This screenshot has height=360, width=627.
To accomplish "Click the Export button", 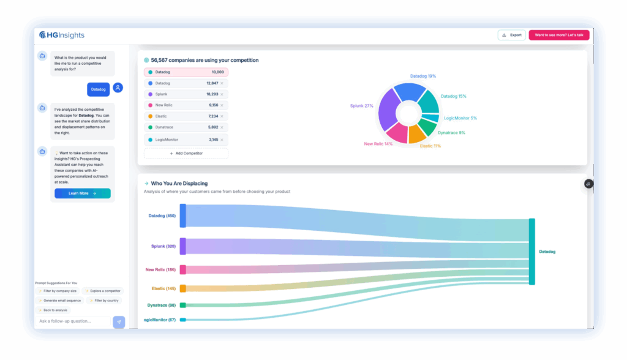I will coord(511,35).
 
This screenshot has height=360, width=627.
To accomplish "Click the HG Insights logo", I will coord(61,35).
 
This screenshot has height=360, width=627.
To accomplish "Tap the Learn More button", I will coord(82,193).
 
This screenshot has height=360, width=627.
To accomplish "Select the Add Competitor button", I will coord(186,153).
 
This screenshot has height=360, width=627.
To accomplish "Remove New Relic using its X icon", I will coord(222,105).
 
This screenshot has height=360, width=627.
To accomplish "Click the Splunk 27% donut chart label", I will coord(361,106).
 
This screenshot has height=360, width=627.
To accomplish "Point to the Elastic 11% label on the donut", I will coord(430,146).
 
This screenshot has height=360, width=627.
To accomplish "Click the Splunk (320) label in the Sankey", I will coord(163,246).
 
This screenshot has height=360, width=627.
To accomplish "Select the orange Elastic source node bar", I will coord(183,288).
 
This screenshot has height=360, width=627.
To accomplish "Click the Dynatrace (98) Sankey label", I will coord(161,305).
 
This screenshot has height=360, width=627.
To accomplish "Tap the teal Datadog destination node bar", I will coord(531,251).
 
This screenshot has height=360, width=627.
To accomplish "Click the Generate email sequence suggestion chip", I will coord(59,301).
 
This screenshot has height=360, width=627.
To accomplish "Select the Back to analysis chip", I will coord(53,310).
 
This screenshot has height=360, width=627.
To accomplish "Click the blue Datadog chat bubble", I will coord(98,89).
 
